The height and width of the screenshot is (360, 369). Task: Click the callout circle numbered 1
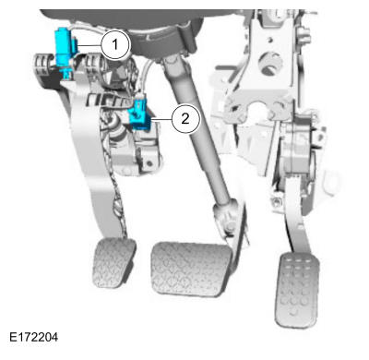[114, 44]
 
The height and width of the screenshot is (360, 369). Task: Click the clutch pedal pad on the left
[114, 264]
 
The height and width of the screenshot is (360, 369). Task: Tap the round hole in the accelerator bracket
[269, 66]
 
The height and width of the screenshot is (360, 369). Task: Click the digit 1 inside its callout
[114, 44]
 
